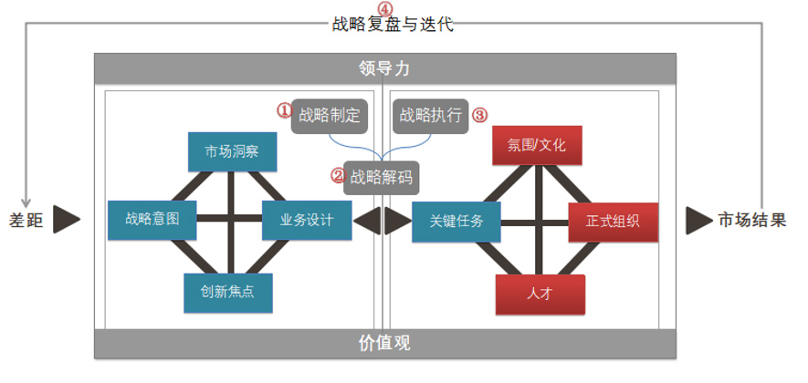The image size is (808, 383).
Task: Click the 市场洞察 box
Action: coord(231,151)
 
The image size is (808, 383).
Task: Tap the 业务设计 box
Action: coord(307,220)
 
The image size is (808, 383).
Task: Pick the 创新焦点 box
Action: coord(228,293)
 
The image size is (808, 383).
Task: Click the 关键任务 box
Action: coord(456,220)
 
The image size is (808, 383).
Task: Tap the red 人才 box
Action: coord(540,294)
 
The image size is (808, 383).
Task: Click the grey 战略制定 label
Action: coord(330,116)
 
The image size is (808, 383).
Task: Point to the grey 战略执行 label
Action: coord(431,116)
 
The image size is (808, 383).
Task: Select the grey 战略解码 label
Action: coord(382,177)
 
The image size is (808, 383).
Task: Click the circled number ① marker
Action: coord(284,110)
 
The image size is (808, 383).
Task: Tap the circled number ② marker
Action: coord(337,174)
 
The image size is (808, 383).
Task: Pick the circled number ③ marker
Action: coord(479,115)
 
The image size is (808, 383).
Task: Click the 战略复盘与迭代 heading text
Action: coord(393,25)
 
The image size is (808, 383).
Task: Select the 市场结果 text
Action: coord(751,220)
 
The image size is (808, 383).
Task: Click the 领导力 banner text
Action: coord(384,68)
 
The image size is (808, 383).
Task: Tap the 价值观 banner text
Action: coord(384,343)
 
